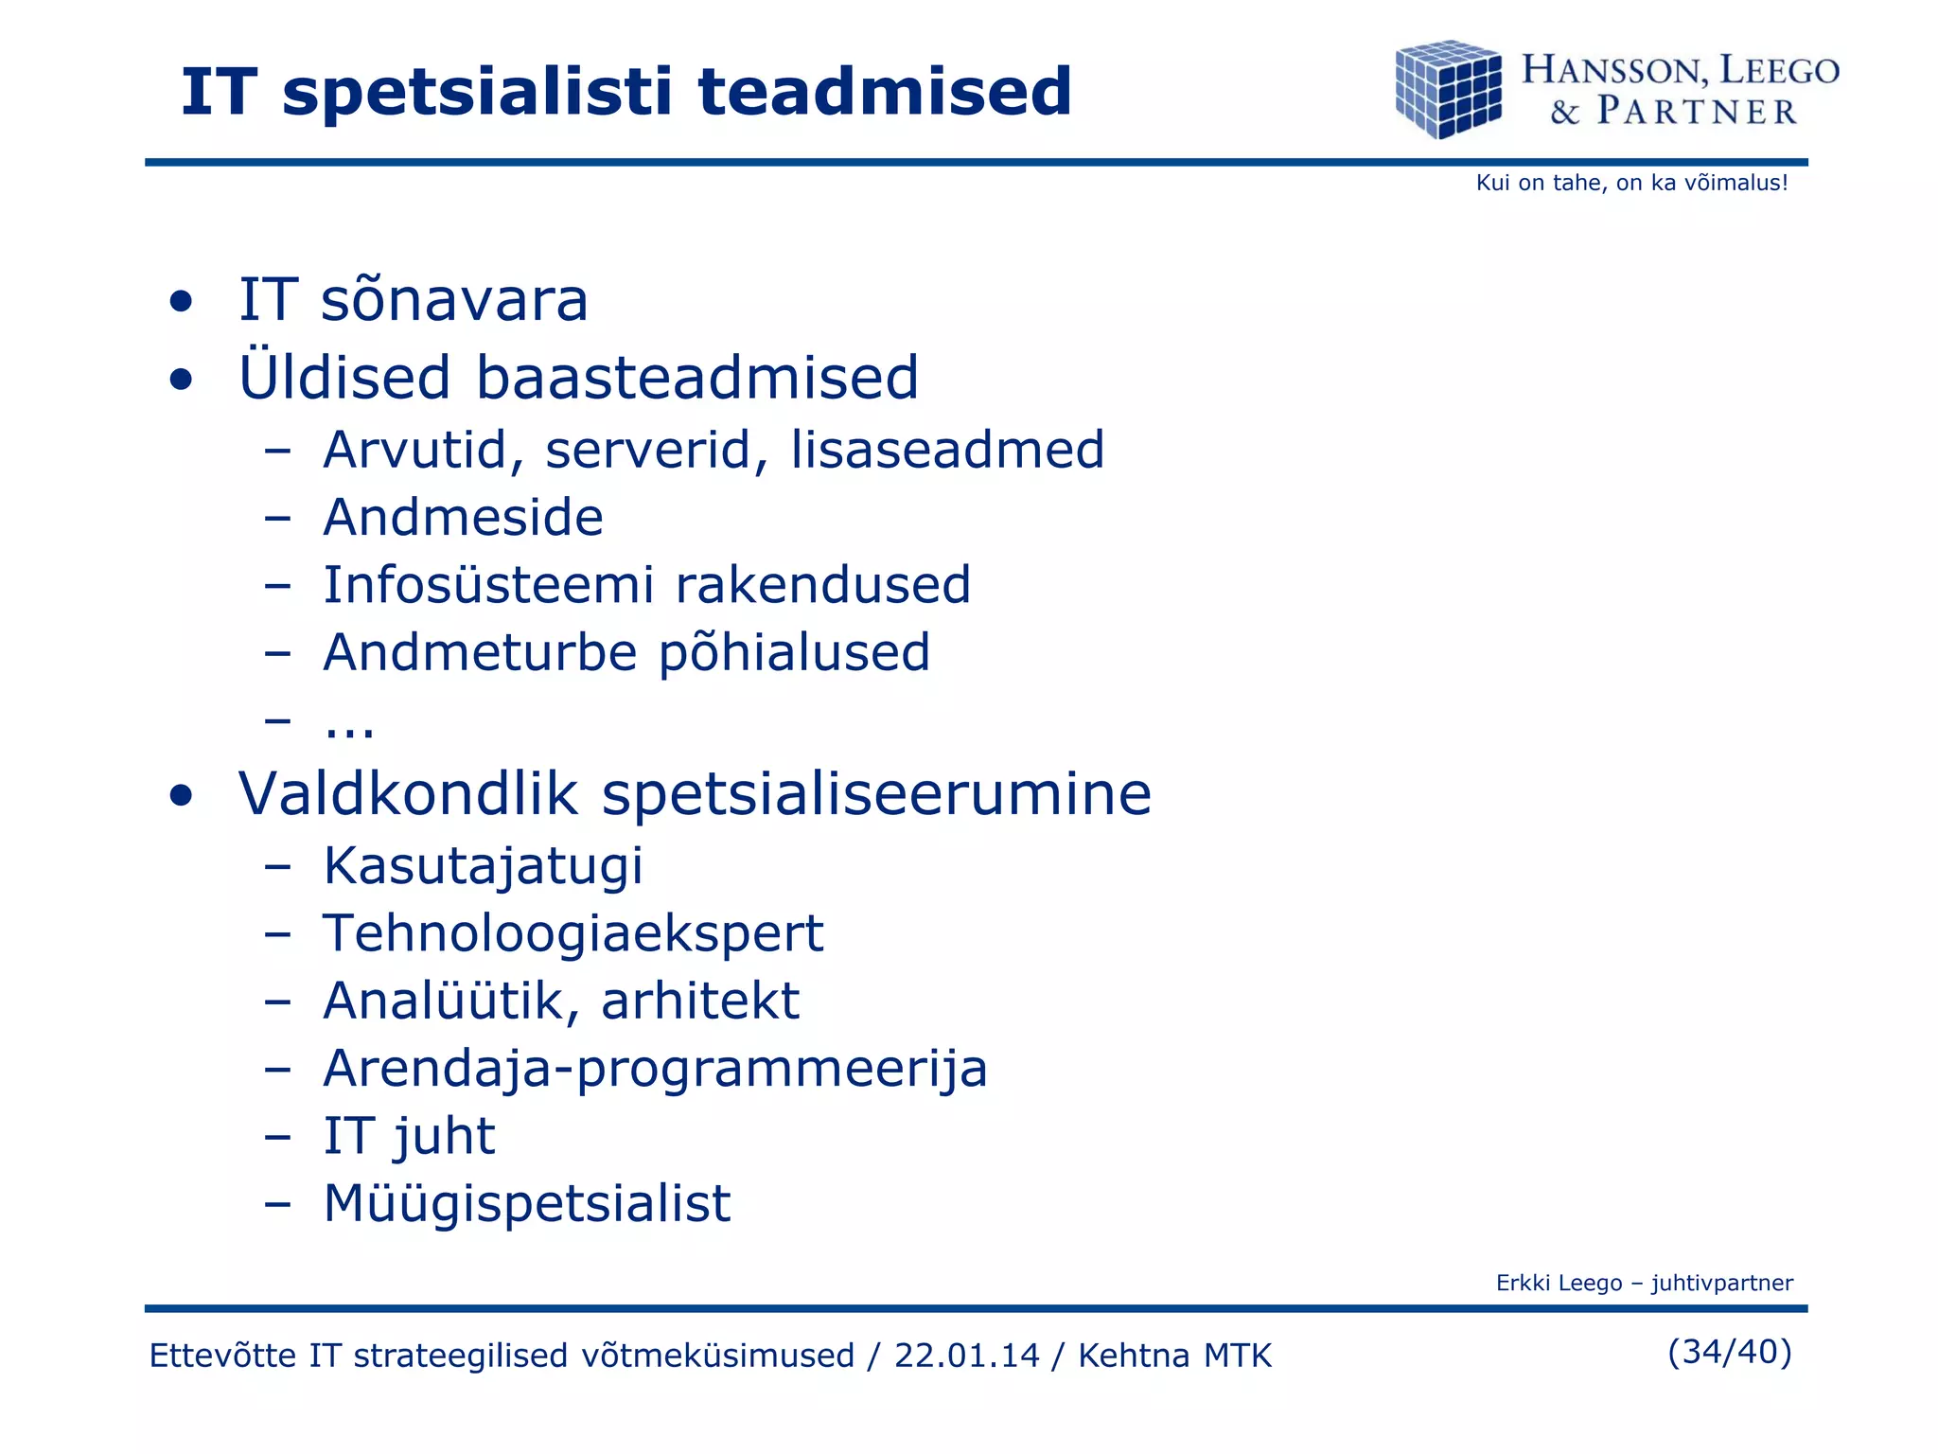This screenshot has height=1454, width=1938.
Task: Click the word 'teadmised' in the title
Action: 885,92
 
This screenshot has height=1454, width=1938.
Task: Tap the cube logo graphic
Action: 1449,90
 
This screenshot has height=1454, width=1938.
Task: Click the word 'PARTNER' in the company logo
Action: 1697,112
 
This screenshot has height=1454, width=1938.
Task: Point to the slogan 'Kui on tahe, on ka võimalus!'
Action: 1631,184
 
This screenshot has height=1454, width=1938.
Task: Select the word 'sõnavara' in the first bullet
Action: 454,301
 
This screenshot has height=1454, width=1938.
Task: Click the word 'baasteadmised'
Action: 696,378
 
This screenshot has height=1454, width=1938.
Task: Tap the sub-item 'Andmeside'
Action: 463,518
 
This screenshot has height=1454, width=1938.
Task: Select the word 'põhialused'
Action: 794,653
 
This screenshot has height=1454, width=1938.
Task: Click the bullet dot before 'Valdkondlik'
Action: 181,796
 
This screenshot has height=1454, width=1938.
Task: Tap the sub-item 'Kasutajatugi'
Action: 483,866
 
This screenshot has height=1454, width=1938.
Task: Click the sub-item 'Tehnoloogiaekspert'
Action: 573,933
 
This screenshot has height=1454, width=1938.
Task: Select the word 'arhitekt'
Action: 700,1002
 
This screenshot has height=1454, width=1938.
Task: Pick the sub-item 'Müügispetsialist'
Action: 526,1204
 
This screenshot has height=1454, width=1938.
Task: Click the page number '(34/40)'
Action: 1729,1352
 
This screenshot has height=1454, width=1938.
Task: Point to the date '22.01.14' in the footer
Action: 966,1356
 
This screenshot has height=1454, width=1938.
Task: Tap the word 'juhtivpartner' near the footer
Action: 1721,1284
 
